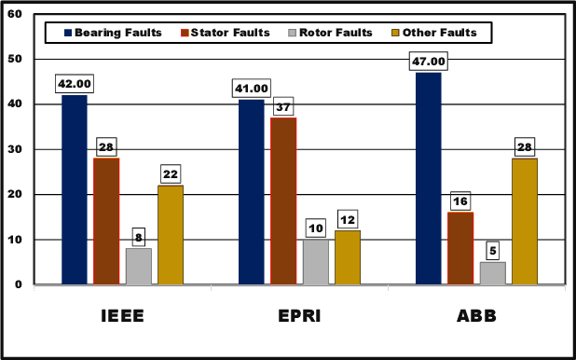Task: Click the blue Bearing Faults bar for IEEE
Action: pyautogui.click(x=75, y=189)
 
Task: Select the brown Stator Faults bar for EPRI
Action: pyautogui.click(x=283, y=201)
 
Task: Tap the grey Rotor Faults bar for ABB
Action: pyautogui.click(x=492, y=273)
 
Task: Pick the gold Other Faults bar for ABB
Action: pyautogui.click(x=524, y=221)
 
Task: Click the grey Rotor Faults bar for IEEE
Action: pyautogui.click(x=138, y=266)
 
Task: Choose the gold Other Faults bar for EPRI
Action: pyautogui.click(x=347, y=257)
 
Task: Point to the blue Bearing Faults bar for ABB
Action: pyautogui.click(x=429, y=178)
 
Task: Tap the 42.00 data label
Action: pyautogui.click(x=75, y=84)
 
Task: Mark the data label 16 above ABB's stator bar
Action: pyautogui.click(x=461, y=201)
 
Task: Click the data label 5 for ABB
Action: pyautogui.click(x=493, y=251)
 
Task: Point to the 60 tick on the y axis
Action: pyautogui.click(x=16, y=15)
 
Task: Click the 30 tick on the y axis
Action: pyautogui.click(x=16, y=149)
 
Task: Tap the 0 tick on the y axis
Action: pyautogui.click(x=20, y=284)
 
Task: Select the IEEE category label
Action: pyautogui.click(x=123, y=316)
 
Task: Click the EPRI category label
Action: pyautogui.click(x=299, y=316)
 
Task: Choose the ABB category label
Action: pyautogui.click(x=476, y=316)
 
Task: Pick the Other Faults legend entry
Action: pyautogui.click(x=438, y=33)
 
